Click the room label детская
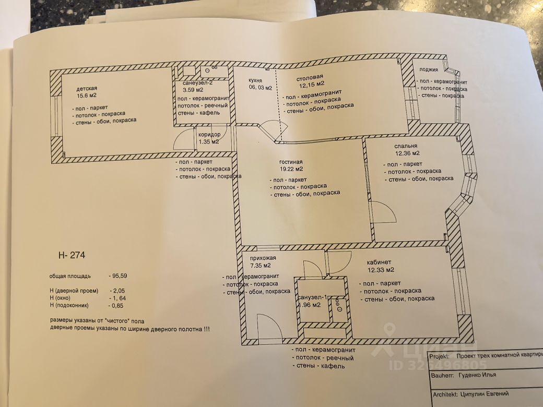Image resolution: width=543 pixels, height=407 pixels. point(87,89)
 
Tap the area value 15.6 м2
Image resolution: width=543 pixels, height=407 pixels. point(86,96)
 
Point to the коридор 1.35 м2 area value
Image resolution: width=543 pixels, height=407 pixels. point(208,141)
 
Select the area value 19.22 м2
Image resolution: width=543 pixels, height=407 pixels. point(291,169)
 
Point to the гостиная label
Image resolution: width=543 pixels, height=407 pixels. point(291,162)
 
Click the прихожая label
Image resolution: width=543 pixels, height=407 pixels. point(262,259)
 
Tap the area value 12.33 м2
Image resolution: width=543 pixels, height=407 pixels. point(380,270)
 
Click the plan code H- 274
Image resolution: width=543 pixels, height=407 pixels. point(72,255)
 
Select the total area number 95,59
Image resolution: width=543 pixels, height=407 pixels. point(119,276)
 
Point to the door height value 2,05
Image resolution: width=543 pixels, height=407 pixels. point(117,291)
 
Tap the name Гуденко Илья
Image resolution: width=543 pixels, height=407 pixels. point(477,375)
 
